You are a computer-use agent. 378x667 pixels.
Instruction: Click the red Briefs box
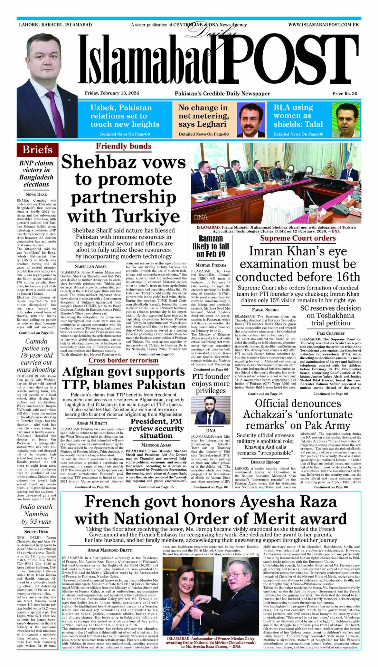coord(37,150)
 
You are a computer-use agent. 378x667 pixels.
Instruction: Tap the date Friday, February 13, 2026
coord(112,93)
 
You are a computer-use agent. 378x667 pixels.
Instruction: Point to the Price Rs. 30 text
coord(345,93)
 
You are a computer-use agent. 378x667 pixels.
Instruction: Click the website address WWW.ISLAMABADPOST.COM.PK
coord(324,25)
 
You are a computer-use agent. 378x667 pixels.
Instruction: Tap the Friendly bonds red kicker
coord(123,147)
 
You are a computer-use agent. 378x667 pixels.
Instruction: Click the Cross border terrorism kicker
coord(123,361)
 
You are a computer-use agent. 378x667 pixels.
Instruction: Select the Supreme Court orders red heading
coord(298,238)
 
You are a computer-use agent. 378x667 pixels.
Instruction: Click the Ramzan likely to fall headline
coord(211,246)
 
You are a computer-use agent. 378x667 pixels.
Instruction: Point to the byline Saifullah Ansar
coord(91,266)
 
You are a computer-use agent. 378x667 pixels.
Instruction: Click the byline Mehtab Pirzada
coord(211,265)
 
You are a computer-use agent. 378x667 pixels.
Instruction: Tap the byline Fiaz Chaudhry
coord(330,333)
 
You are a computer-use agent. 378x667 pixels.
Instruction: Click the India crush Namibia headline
coord(36,514)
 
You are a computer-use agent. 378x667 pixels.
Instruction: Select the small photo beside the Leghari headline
coord(251,120)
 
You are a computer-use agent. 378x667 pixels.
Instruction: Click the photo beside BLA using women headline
coord(346,120)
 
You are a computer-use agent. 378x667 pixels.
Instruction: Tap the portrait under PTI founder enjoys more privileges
coord(211,410)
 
